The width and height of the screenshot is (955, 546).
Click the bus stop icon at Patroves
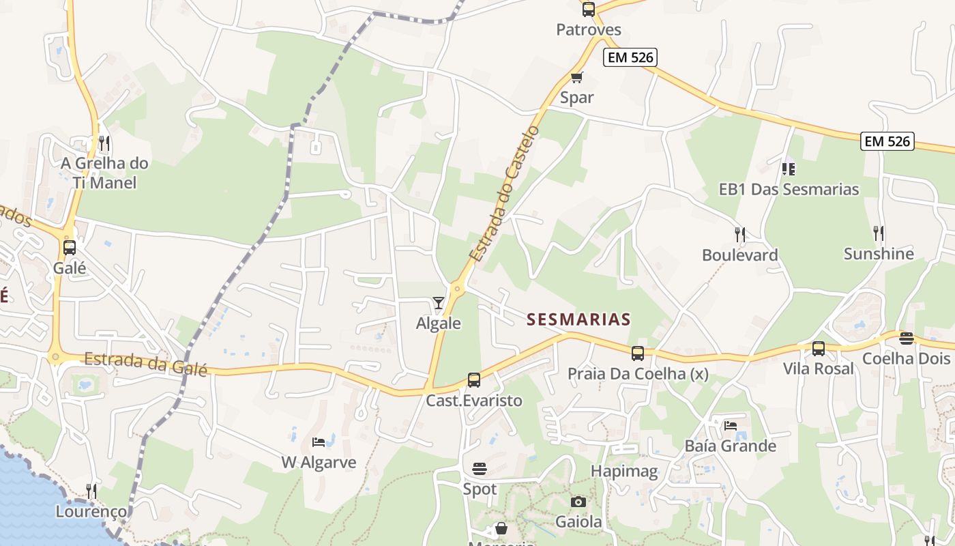(588, 10)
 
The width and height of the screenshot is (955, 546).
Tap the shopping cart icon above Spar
(577, 77)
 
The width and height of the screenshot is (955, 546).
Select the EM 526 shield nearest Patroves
(630, 58)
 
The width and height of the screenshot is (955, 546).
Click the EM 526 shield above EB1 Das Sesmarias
(887, 141)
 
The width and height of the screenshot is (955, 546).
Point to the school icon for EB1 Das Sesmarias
(789, 167)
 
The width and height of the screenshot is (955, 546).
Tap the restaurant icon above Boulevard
(740, 234)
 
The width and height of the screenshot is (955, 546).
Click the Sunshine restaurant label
(879, 254)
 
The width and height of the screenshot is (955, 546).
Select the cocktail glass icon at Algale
(439, 302)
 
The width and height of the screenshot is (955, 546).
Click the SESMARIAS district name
(579, 319)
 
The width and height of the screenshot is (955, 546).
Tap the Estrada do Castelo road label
(505, 192)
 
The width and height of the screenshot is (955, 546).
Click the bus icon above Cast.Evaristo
(474, 380)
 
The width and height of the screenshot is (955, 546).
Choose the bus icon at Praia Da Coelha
(638, 354)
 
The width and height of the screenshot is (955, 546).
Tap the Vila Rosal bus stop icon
(819, 349)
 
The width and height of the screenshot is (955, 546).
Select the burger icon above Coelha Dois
(906, 339)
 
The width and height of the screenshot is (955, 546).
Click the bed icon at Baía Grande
(731, 426)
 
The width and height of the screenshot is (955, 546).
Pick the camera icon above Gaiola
(578, 502)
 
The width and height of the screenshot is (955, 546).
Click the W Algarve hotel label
(319, 462)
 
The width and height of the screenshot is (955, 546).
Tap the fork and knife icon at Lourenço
(91, 491)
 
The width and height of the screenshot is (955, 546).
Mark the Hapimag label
(624, 471)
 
